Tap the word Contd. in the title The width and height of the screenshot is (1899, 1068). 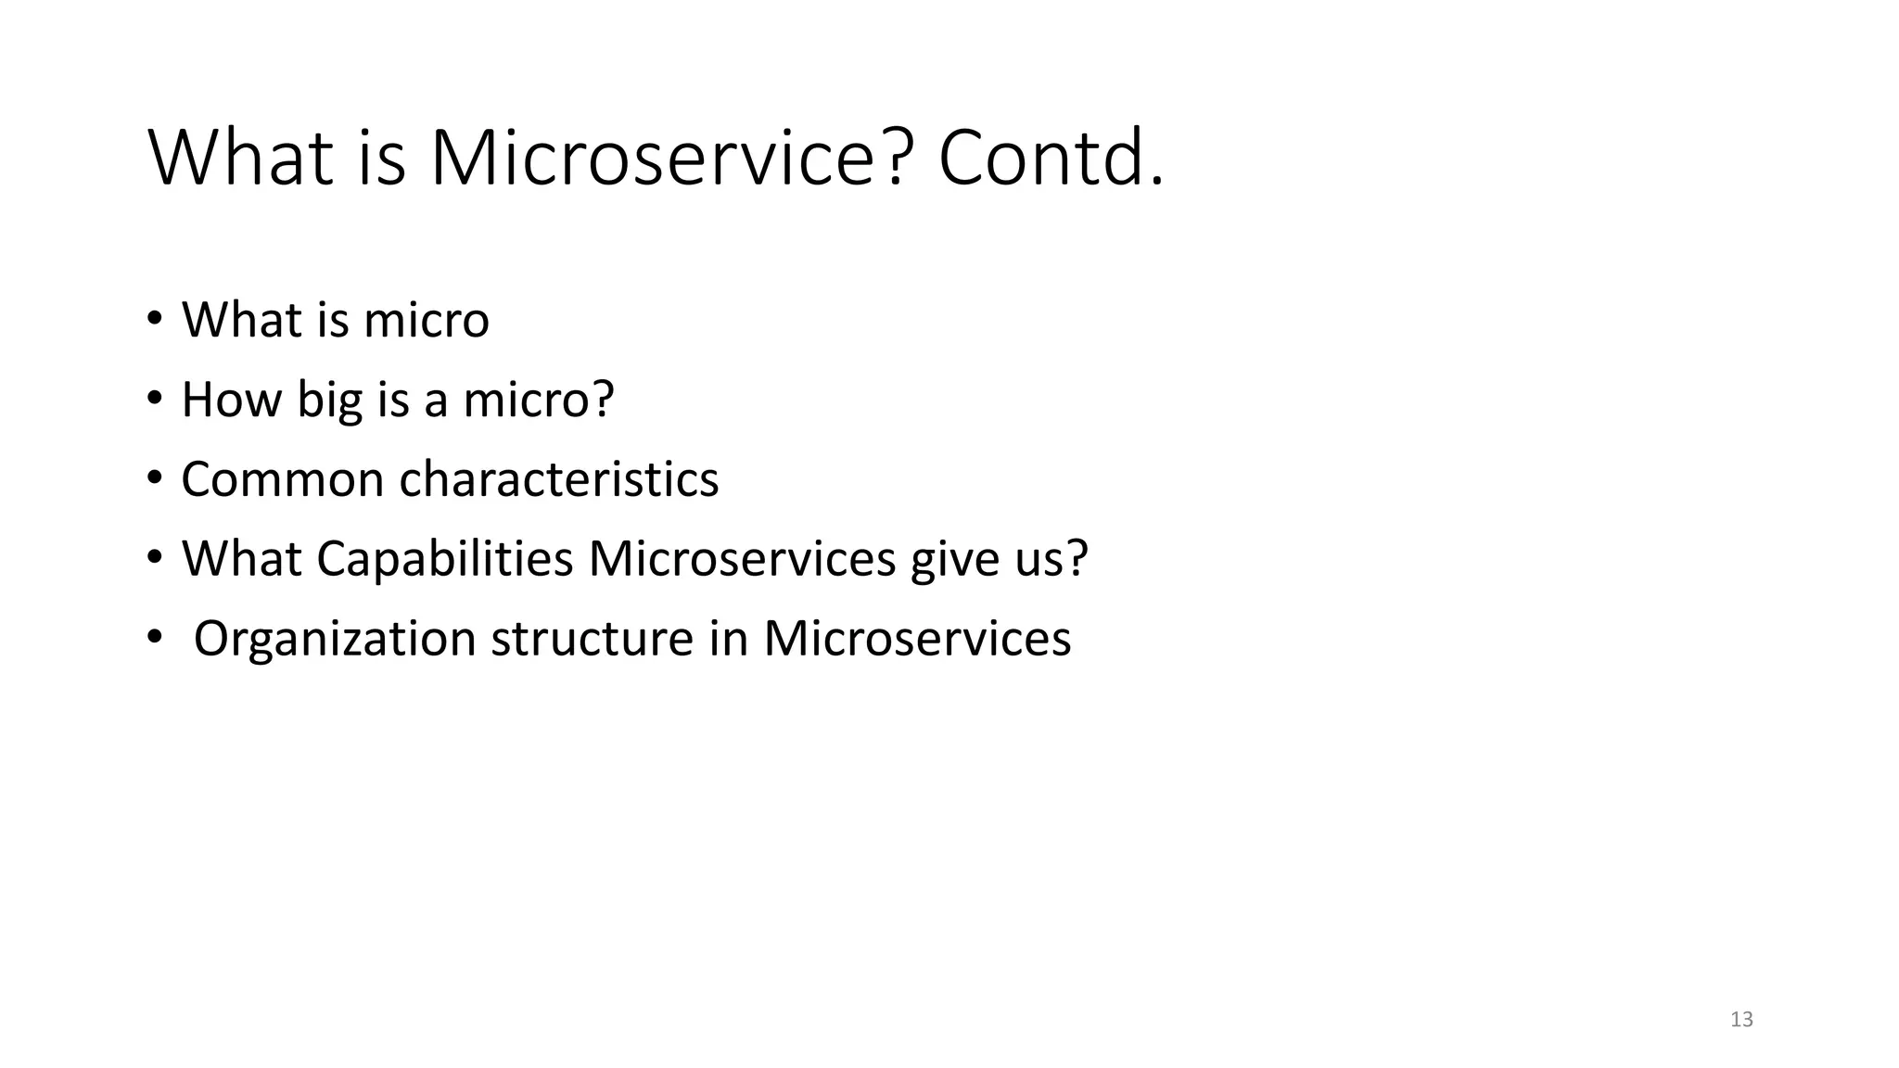pos(1050,159)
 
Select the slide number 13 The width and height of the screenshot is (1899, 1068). pos(1741,1020)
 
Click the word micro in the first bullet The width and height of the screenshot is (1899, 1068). pos(426,320)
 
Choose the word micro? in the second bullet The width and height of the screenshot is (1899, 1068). pos(538,400)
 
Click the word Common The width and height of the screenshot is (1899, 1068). pos(282,479)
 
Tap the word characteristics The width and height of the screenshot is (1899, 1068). pos(558,479)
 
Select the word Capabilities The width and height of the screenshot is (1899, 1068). pos(444,559)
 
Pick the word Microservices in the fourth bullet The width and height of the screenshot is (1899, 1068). pos(742,559)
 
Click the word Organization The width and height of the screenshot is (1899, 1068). pos(335,639)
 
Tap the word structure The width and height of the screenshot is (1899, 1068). pos(592,639)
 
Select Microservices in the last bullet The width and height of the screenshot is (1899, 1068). pos(917,639)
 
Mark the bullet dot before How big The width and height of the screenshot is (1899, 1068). pos(154,400)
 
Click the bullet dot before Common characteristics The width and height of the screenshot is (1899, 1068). pos(154,479)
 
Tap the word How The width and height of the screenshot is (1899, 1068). pos(231,400)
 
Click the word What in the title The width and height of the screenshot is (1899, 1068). pos(240,159)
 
